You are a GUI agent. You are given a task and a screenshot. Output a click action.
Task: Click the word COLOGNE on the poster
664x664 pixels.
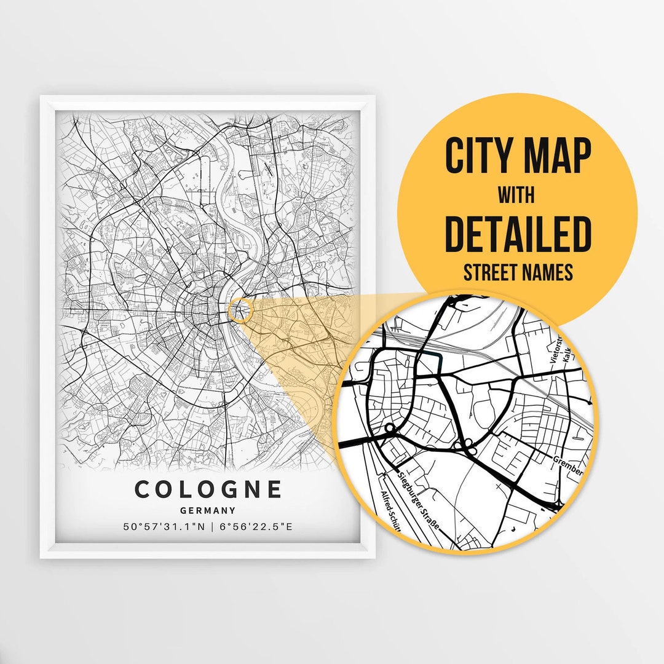click(x=208, y=489)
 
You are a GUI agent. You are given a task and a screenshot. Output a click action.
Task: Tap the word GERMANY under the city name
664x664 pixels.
click(x=208, y=510)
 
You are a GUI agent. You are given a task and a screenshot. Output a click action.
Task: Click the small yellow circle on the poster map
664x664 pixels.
click(x=240, y=309)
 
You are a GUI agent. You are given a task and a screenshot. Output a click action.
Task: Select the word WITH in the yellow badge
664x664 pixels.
click(x=516, y=196)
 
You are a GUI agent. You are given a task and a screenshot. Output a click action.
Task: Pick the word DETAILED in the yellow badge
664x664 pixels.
click(x=517, y=234)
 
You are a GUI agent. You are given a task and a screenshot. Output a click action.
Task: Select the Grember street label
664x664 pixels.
click(x=567, y=465)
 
